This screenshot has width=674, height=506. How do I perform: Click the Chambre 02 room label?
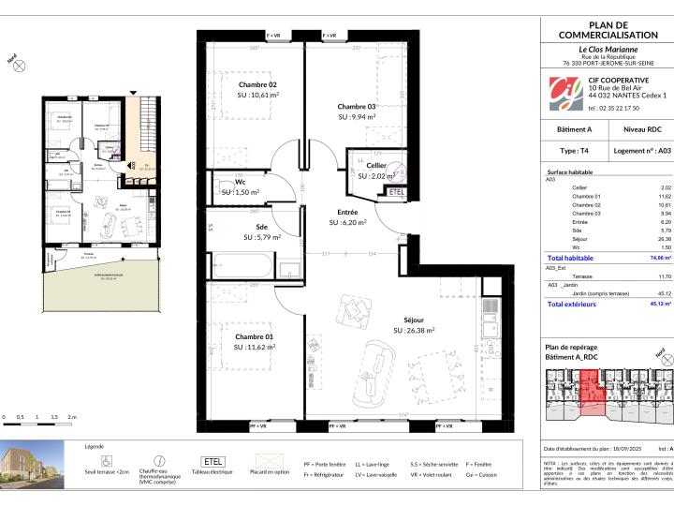230,84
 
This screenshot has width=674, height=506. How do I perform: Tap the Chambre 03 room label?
356,106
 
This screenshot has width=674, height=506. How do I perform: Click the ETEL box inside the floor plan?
397,192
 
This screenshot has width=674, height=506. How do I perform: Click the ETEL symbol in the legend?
212,461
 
